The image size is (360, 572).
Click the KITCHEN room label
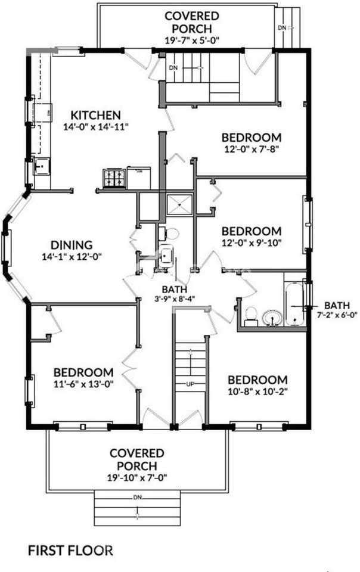pos(96,115)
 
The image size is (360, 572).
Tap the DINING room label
pos(71,245)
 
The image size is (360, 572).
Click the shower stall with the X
pos(180,204)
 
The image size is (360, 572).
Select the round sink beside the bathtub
pos(272,316)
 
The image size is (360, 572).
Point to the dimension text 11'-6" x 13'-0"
pos(83,384)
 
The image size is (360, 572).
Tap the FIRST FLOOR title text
pos(70,550)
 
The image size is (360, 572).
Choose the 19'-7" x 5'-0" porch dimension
pos(191,40)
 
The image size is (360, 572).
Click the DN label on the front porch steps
pos(137,496)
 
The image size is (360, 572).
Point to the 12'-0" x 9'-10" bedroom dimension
pos(251,243)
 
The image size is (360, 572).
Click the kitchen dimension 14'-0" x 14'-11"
pos(96,127)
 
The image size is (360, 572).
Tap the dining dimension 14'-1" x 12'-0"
pos(71,257)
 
